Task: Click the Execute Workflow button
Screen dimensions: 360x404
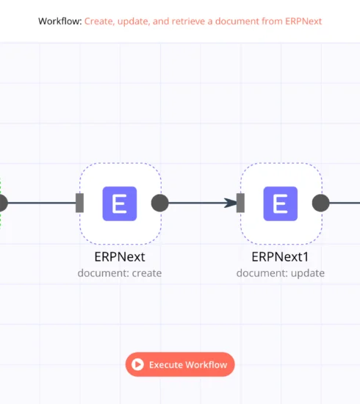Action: coord(180,364)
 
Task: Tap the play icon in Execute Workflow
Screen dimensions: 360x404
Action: coord(137,364)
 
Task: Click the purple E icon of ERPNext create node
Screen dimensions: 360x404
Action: coord(120,203)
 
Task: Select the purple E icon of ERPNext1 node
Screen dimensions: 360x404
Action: coord(281,203)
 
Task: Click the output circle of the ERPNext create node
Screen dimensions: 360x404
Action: coord(159,203)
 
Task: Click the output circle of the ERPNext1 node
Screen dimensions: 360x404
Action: coord(320,203)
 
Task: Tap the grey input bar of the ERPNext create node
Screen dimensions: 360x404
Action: coord(79,203)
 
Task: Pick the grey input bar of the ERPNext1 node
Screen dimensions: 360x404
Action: coord(240,203)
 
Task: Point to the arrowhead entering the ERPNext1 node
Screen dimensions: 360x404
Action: coord(231,203)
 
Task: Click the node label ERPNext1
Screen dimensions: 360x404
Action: coord(280,256)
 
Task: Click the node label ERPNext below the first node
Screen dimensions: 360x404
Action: coord(120,256)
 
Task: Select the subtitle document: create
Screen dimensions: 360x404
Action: coord(120,273)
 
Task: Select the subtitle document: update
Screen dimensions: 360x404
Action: coord(281,273)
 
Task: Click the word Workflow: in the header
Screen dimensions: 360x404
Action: coord(60,21)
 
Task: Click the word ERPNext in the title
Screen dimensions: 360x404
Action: coord(303,21)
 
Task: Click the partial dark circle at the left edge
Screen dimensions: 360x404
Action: coord(3,203)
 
